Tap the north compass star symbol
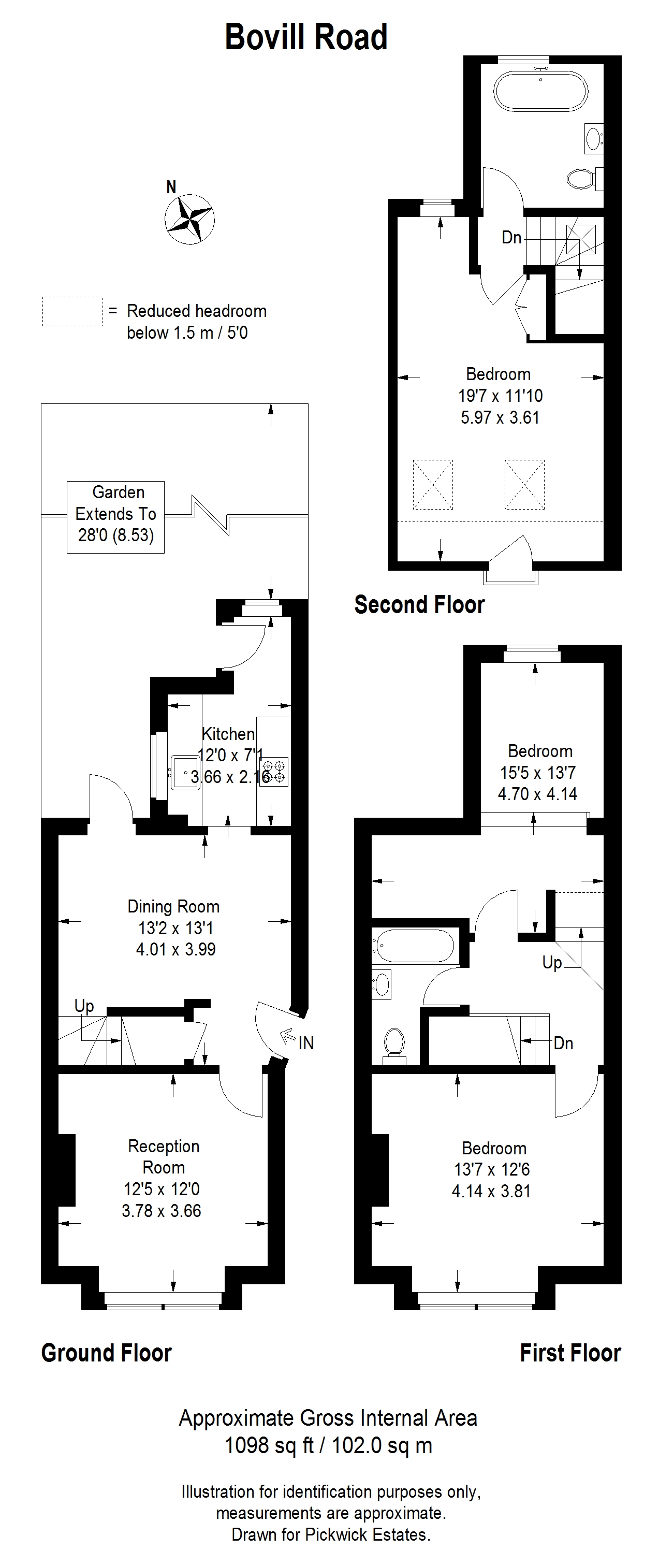[189, 219]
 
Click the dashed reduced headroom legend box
[72, 311]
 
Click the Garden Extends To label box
[115, 517]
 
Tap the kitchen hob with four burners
[274, 771]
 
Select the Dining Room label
[173, 907]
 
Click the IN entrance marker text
[306, 1043]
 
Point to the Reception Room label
[164, 1156]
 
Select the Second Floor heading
[419, 604]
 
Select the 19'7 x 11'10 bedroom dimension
[500, 396]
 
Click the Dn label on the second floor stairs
[511, 238]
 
